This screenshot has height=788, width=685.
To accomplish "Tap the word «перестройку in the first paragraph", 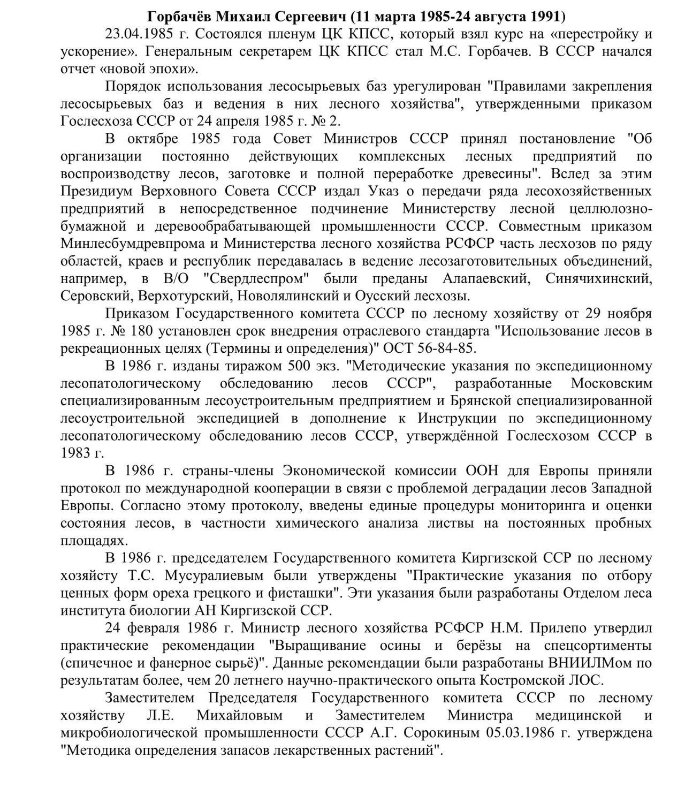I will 595,34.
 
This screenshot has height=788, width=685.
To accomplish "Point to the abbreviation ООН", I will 482,471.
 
